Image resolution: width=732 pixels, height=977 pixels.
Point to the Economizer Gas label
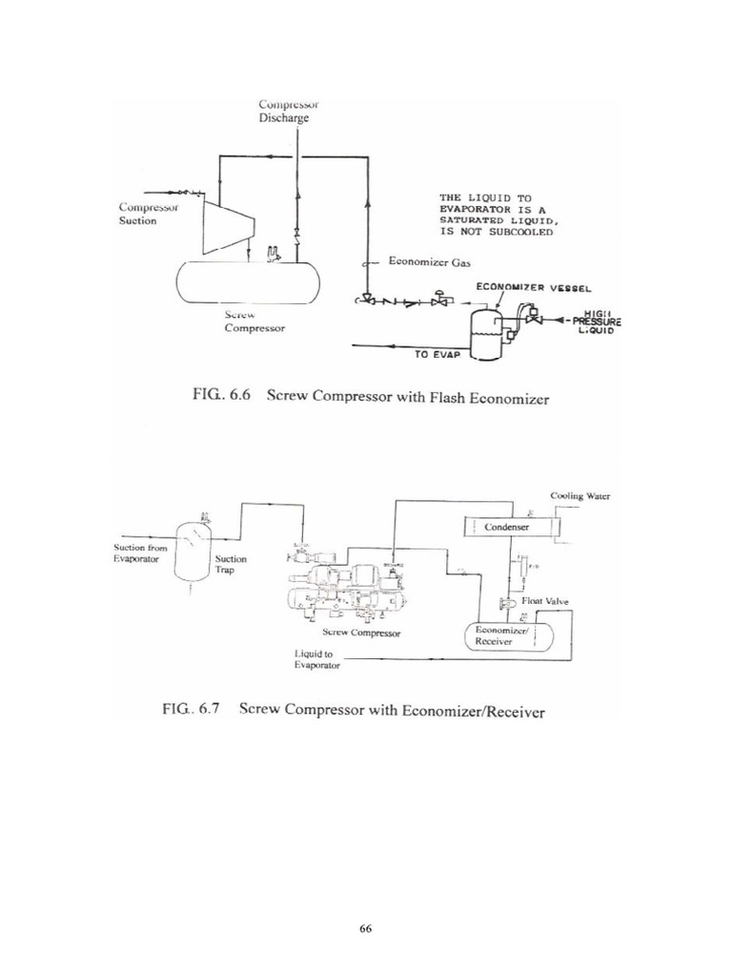pyautogui.click(x=424, y=261)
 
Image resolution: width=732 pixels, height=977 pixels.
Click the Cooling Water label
pyautogui.click(x=579, y=496)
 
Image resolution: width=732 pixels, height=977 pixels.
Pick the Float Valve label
pyautogui.click(x=544, y=602)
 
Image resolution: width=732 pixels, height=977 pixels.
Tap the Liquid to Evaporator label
pyautogui.click(x=315, y=659)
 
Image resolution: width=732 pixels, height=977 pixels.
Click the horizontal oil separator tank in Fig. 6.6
pyautogui.click(x=247, y=281)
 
